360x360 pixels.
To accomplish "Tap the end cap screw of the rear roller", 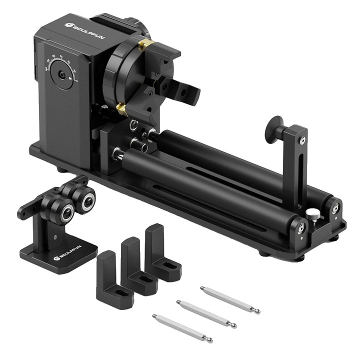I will (334, 206).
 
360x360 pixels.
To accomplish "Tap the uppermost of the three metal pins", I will (229, 299).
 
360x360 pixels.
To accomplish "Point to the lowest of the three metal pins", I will (182, 328).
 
